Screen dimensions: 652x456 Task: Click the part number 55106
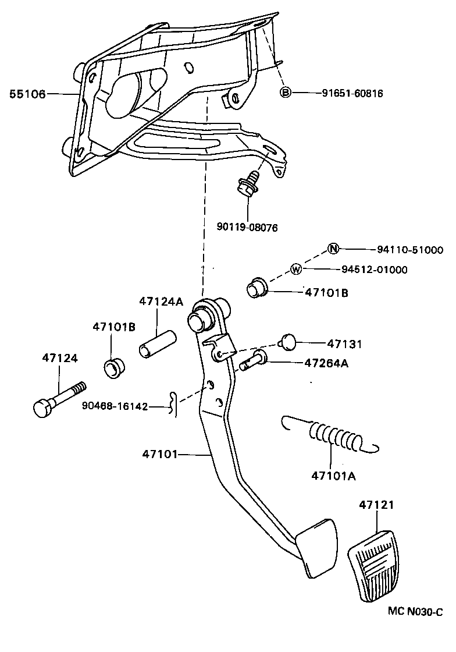(27, 94)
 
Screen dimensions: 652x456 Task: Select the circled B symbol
(286, 93)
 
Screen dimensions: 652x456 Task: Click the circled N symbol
(333, 249)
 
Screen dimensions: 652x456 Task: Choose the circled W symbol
(296, 269)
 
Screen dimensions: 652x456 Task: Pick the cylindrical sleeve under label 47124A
(156, 343)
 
